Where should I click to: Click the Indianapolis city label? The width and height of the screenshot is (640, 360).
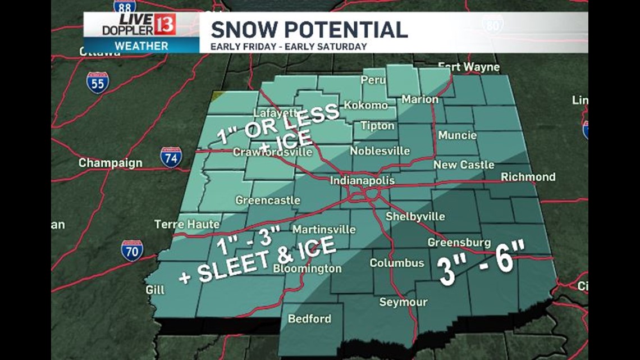click(362, 181)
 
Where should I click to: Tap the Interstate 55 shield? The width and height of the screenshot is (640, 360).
click(98, 83)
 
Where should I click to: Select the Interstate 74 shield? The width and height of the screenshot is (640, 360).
click(171, 157)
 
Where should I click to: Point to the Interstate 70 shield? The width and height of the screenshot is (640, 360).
click(132, 250)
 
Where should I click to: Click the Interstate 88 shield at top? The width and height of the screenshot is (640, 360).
click(124, 6)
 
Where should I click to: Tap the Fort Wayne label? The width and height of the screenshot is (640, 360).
click(468, 67)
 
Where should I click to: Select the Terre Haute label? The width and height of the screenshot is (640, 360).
click(187, 224)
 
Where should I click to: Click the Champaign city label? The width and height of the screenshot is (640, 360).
click(110, 163)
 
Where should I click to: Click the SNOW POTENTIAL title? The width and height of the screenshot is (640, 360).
click(309, 29)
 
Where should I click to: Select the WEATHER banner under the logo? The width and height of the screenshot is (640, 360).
click(141, 45)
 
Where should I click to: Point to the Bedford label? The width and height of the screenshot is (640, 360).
click(309, 318)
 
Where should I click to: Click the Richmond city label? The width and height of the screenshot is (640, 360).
click(528, 177)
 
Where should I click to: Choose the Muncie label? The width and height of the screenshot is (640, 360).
click(457, 135)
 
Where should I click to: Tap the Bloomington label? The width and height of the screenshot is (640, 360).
click(307, 269)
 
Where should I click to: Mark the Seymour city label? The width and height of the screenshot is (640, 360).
click(403, 302)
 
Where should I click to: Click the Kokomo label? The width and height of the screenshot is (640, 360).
click(365, 105)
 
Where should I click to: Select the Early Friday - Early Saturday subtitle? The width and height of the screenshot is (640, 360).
click(289, 47)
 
